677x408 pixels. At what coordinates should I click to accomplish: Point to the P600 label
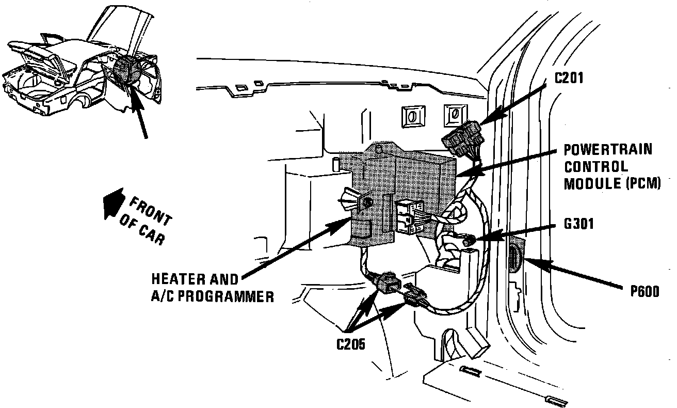point(644,291)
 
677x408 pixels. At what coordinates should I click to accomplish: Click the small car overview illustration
point(77,67)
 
